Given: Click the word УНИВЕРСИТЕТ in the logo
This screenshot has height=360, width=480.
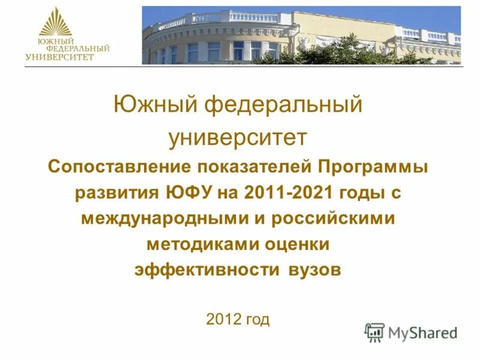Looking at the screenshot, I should point(59,58).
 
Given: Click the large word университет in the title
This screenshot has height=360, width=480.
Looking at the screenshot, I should point(238,137).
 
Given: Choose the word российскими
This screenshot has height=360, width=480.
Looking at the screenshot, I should point(333,218).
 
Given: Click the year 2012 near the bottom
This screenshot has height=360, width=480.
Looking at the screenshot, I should point(224,319).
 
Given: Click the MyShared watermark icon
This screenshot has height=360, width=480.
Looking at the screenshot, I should point(375,332).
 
